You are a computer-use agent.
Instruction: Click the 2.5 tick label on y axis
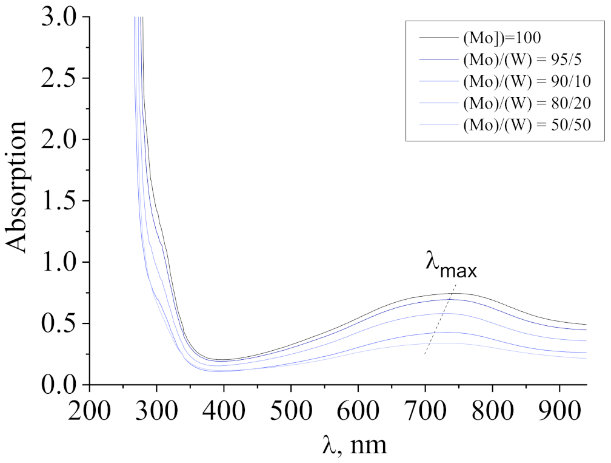59,78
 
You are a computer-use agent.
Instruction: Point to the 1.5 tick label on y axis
59,201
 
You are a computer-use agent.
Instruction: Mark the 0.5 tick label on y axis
59,323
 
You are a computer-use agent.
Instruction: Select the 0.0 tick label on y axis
59,385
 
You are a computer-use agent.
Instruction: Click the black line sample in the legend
437,38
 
